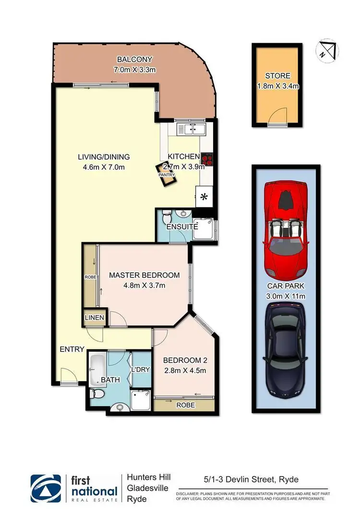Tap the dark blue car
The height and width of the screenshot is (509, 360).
(x=286, y=353)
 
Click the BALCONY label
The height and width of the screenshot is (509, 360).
(x=134, y=59)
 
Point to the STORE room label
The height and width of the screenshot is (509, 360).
(x=278, y=76)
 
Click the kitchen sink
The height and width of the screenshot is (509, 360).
(x=192, y=128)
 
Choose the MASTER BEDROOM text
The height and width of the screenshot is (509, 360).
(x=144, y=275)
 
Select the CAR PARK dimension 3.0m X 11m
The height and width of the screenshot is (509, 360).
(x=286, y=296)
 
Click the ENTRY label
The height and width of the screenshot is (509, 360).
(x=72, y=349)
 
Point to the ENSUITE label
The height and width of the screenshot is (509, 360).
(x=179, y=226)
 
